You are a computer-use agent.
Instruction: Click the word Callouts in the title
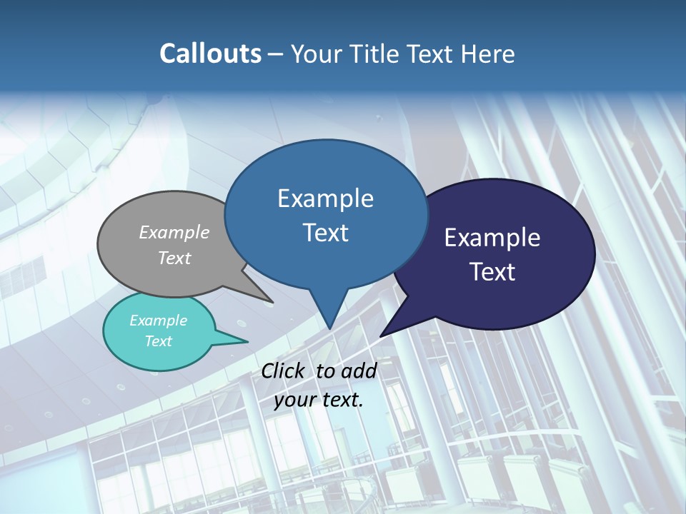click(210, 54)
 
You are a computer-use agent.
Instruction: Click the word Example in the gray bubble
click(174, 232)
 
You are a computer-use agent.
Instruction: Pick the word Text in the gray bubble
click(174, 258)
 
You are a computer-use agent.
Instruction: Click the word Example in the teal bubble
click(158, 321)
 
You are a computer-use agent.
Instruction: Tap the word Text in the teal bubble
click(158, 341)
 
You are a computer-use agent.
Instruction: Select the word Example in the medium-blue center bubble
click(325, 198)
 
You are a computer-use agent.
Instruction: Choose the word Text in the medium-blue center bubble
click(325, 233)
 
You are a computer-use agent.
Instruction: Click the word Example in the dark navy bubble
click(492, 238)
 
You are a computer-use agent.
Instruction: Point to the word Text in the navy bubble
click(492, 272)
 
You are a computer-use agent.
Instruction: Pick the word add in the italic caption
click(359, 371)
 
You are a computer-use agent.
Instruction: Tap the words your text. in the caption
click(319, 400)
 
